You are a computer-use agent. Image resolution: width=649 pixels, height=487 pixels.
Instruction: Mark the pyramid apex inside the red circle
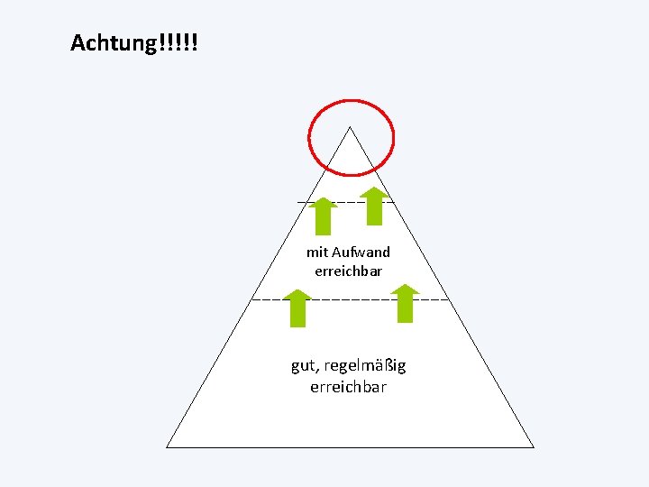350,128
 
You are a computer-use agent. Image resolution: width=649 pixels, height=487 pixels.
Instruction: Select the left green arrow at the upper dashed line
322,216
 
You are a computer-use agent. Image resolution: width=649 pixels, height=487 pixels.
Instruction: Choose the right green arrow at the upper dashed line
374,206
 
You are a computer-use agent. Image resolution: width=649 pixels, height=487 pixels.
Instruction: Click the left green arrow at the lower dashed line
297,308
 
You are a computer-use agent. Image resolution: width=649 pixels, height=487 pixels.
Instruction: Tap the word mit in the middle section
316,253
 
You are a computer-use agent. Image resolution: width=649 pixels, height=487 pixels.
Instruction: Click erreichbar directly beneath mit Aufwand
348,271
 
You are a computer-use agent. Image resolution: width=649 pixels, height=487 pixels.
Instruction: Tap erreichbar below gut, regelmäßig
348,387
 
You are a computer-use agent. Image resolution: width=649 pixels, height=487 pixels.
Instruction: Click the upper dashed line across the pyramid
348,201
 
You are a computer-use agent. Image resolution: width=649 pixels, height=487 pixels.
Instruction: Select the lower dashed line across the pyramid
352,299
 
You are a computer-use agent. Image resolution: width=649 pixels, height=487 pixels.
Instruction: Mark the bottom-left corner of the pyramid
168,446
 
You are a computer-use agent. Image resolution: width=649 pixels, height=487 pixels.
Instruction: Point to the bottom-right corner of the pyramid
534,446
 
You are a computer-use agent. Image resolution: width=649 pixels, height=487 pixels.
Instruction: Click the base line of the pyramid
351,446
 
